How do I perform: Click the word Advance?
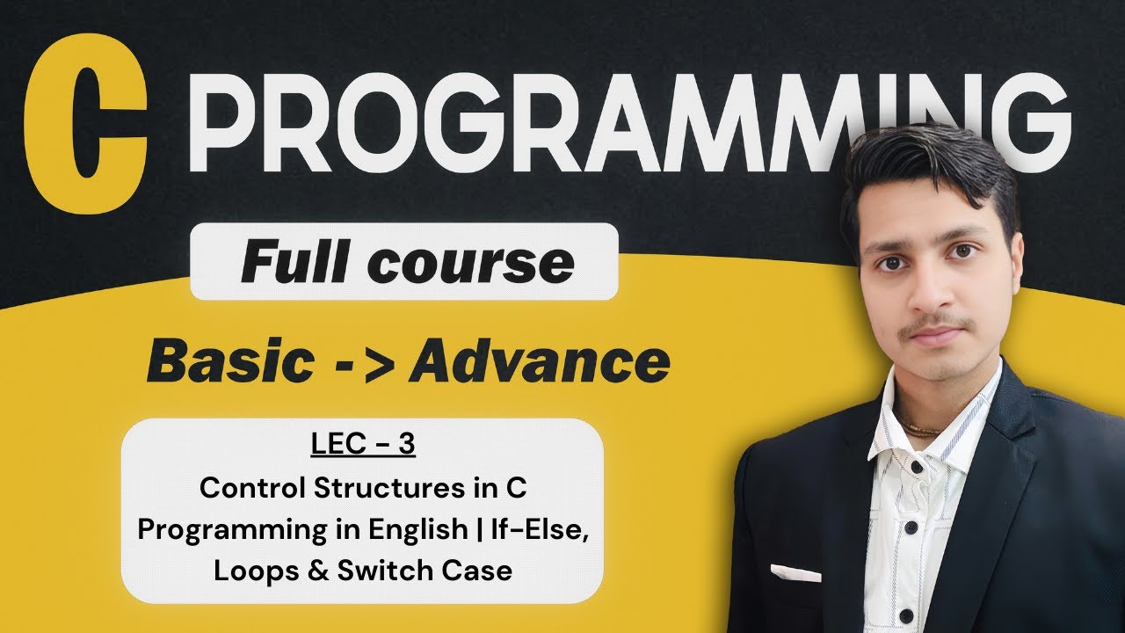(x=539, y=360)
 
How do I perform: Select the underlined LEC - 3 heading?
(x=362, y=446)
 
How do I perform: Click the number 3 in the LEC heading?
(x=405, y=445)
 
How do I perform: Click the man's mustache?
(x=936, y=323)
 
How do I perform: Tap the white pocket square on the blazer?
(x=795, y=573)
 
